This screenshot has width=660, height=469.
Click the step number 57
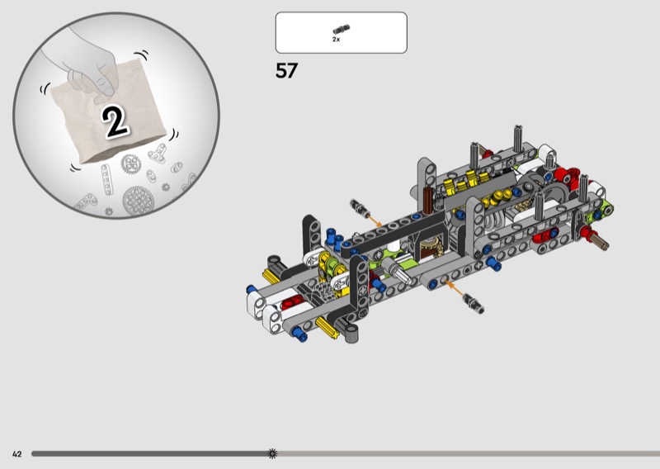286,70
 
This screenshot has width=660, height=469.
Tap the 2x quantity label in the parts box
336,39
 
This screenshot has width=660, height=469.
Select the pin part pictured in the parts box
342,30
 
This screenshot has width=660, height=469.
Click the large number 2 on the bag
115,121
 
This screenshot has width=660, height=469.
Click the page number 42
16,454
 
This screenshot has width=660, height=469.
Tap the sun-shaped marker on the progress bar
272,453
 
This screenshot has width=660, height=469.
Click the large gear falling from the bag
138,201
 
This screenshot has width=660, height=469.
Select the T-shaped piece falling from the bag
158,154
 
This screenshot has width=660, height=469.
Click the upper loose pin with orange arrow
359,208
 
